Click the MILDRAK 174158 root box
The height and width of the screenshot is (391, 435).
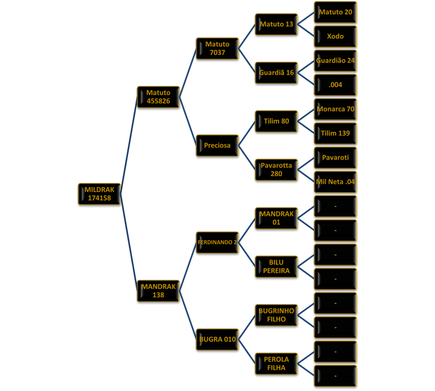pos(99,194)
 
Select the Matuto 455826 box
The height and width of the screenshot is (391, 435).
pos(158,97)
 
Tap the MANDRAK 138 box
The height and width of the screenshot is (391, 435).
pos(158,291)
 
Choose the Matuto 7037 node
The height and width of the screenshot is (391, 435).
pos(217,49)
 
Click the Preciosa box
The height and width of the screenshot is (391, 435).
pos(217,146)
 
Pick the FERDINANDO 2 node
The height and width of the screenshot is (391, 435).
pos(217,243)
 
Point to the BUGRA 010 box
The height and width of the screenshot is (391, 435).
pos(217,339)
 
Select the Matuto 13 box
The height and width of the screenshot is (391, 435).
pos(276,24)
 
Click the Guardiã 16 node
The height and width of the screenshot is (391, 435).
pos(276,73)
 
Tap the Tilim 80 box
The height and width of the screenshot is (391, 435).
pos(276,121)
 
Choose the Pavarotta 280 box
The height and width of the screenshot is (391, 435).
pos(276,170)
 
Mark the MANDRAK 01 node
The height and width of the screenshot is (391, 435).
pos(276,218)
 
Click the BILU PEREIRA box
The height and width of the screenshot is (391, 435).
pos(276,267)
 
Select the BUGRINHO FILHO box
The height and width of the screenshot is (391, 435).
pos(276,315)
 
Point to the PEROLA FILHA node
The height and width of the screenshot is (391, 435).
pos(276,364)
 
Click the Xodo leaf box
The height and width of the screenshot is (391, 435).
pos(335,36)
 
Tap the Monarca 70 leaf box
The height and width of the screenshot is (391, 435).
pos(335,109)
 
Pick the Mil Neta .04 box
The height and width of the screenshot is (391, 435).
pos(335,182)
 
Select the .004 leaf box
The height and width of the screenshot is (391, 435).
pos(335,85)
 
